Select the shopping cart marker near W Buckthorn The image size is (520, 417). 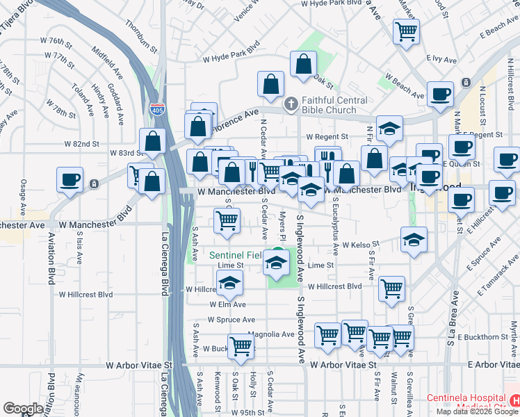point(241,345)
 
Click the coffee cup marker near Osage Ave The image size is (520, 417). point(70,179)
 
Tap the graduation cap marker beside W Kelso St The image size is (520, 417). point(414,239)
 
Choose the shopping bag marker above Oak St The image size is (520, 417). point(303,65)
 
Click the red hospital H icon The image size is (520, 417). point(514,401)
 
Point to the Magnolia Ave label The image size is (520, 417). point(271,334)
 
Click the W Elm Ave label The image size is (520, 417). point(228,304)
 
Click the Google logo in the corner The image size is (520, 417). point(23,409)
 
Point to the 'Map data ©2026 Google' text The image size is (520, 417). point(478,411)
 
